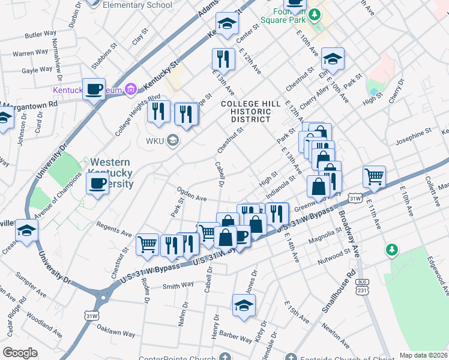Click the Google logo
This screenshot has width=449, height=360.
[20, 353]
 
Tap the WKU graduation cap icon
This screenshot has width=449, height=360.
[173, 141]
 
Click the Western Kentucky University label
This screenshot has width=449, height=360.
[112, 173]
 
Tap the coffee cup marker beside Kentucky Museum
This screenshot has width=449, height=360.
[94, 90]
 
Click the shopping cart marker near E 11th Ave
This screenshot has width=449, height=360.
[374, 176]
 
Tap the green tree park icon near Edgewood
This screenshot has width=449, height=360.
[392, 248]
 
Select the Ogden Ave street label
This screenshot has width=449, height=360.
[191, 194]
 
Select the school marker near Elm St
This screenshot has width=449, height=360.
[333, 59]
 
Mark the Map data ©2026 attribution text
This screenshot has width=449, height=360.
[424, 355]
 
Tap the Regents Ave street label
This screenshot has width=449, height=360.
[113, 229]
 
